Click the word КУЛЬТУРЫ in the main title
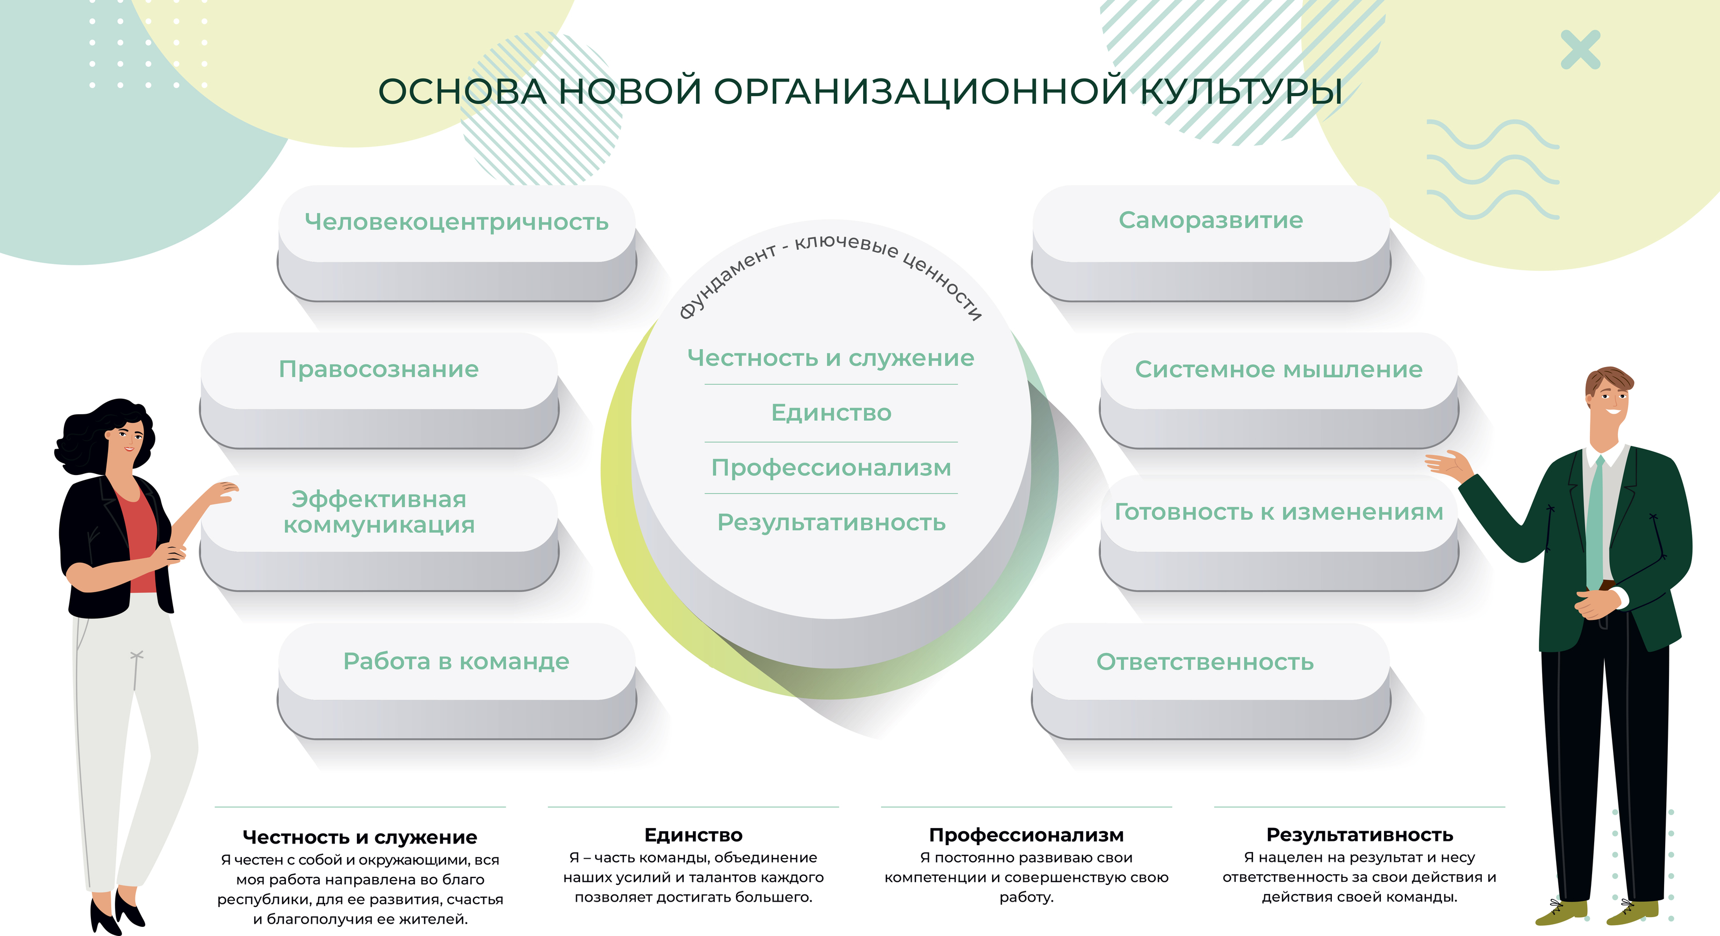pyautogui.click(x=1241, y=91)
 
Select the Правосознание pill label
pyautogui.click(x=378, y=369)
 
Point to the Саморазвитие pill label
pyautogui.click(x=1210, y=220)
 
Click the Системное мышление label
pyautogui.click(x=1279, y=369)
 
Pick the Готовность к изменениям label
pyautogui.click(x=1279, y=512)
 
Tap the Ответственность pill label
pyautogui.click(x=1205, y=661)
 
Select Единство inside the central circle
pyautogui.click(x=832, y=413)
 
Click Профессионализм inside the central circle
pyautogui.click(x=832, y=468)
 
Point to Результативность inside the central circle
pyautogui.click(x=832, y=522)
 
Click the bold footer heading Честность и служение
pyautogui.click(x=360, y=837)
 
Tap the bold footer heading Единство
pyautogui.click(x=693, y=834)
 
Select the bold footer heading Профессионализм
pyautogui.click(x=1026, y=834)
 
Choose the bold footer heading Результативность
pyautogui.click(x=1359, y=834)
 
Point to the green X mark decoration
pyautogui.click(x=1580, y=49)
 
